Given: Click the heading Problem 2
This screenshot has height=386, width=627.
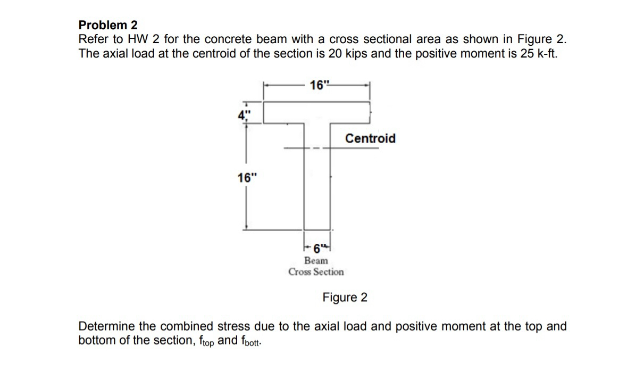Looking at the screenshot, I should [108, 25].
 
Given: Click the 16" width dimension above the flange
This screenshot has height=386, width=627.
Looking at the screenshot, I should [319, 85].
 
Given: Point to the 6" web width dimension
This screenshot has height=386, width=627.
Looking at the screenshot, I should [318, 248].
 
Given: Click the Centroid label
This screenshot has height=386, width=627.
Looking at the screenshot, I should [370, 138].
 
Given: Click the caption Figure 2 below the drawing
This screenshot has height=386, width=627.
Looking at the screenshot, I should [345, 297].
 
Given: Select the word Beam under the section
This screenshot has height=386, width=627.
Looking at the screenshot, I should [316, 261].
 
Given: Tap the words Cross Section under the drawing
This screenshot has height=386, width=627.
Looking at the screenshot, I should [316, 272].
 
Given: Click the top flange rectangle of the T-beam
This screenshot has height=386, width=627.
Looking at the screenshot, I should [317, 112].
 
